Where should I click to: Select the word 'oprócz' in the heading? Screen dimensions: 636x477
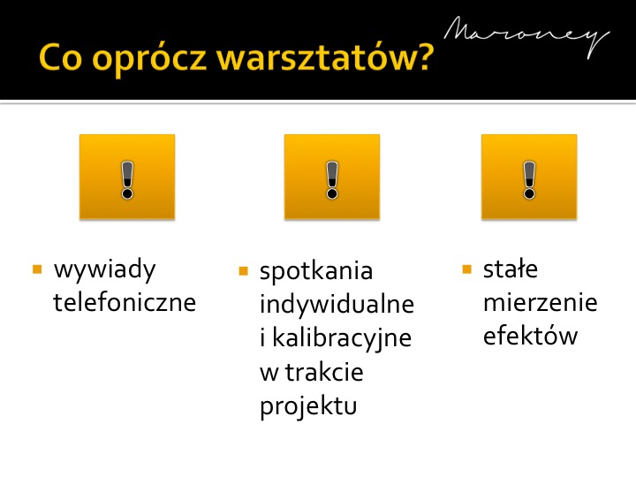click(x=149, y=59)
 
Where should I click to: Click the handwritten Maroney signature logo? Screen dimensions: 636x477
click(x=526, y=37)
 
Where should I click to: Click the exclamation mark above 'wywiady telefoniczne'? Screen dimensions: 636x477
click(x=127, y=180)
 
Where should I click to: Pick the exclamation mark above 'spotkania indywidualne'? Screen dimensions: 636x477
click(x=332, y=180)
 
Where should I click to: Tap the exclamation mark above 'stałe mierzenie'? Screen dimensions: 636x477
click(x=529, y=180)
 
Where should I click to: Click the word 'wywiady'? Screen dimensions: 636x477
click(x=104, y=270)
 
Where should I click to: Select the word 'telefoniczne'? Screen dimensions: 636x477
click(x=125, y=302)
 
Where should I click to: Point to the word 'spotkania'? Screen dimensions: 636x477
click(x=316, y=272)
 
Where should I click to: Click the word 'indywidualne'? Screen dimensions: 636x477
click(x=337, y=304)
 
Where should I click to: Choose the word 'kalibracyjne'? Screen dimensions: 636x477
click(x=342, y=338)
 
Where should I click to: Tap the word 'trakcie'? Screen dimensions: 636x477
click(x=324, y=372)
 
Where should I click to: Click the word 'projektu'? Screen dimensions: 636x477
click(x=308, y=407)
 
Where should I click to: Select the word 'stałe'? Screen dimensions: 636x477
click(x=511, y=269)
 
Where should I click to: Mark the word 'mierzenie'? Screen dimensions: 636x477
click(x=541, y=302)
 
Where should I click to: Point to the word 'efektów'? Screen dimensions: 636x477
click(x=530, y=336)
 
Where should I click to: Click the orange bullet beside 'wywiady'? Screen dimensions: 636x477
click(x=37, y=269)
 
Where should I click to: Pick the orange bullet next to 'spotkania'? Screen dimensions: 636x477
click(x=244, y=271)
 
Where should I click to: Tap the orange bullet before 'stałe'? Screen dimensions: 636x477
click(x=467, y=269)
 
